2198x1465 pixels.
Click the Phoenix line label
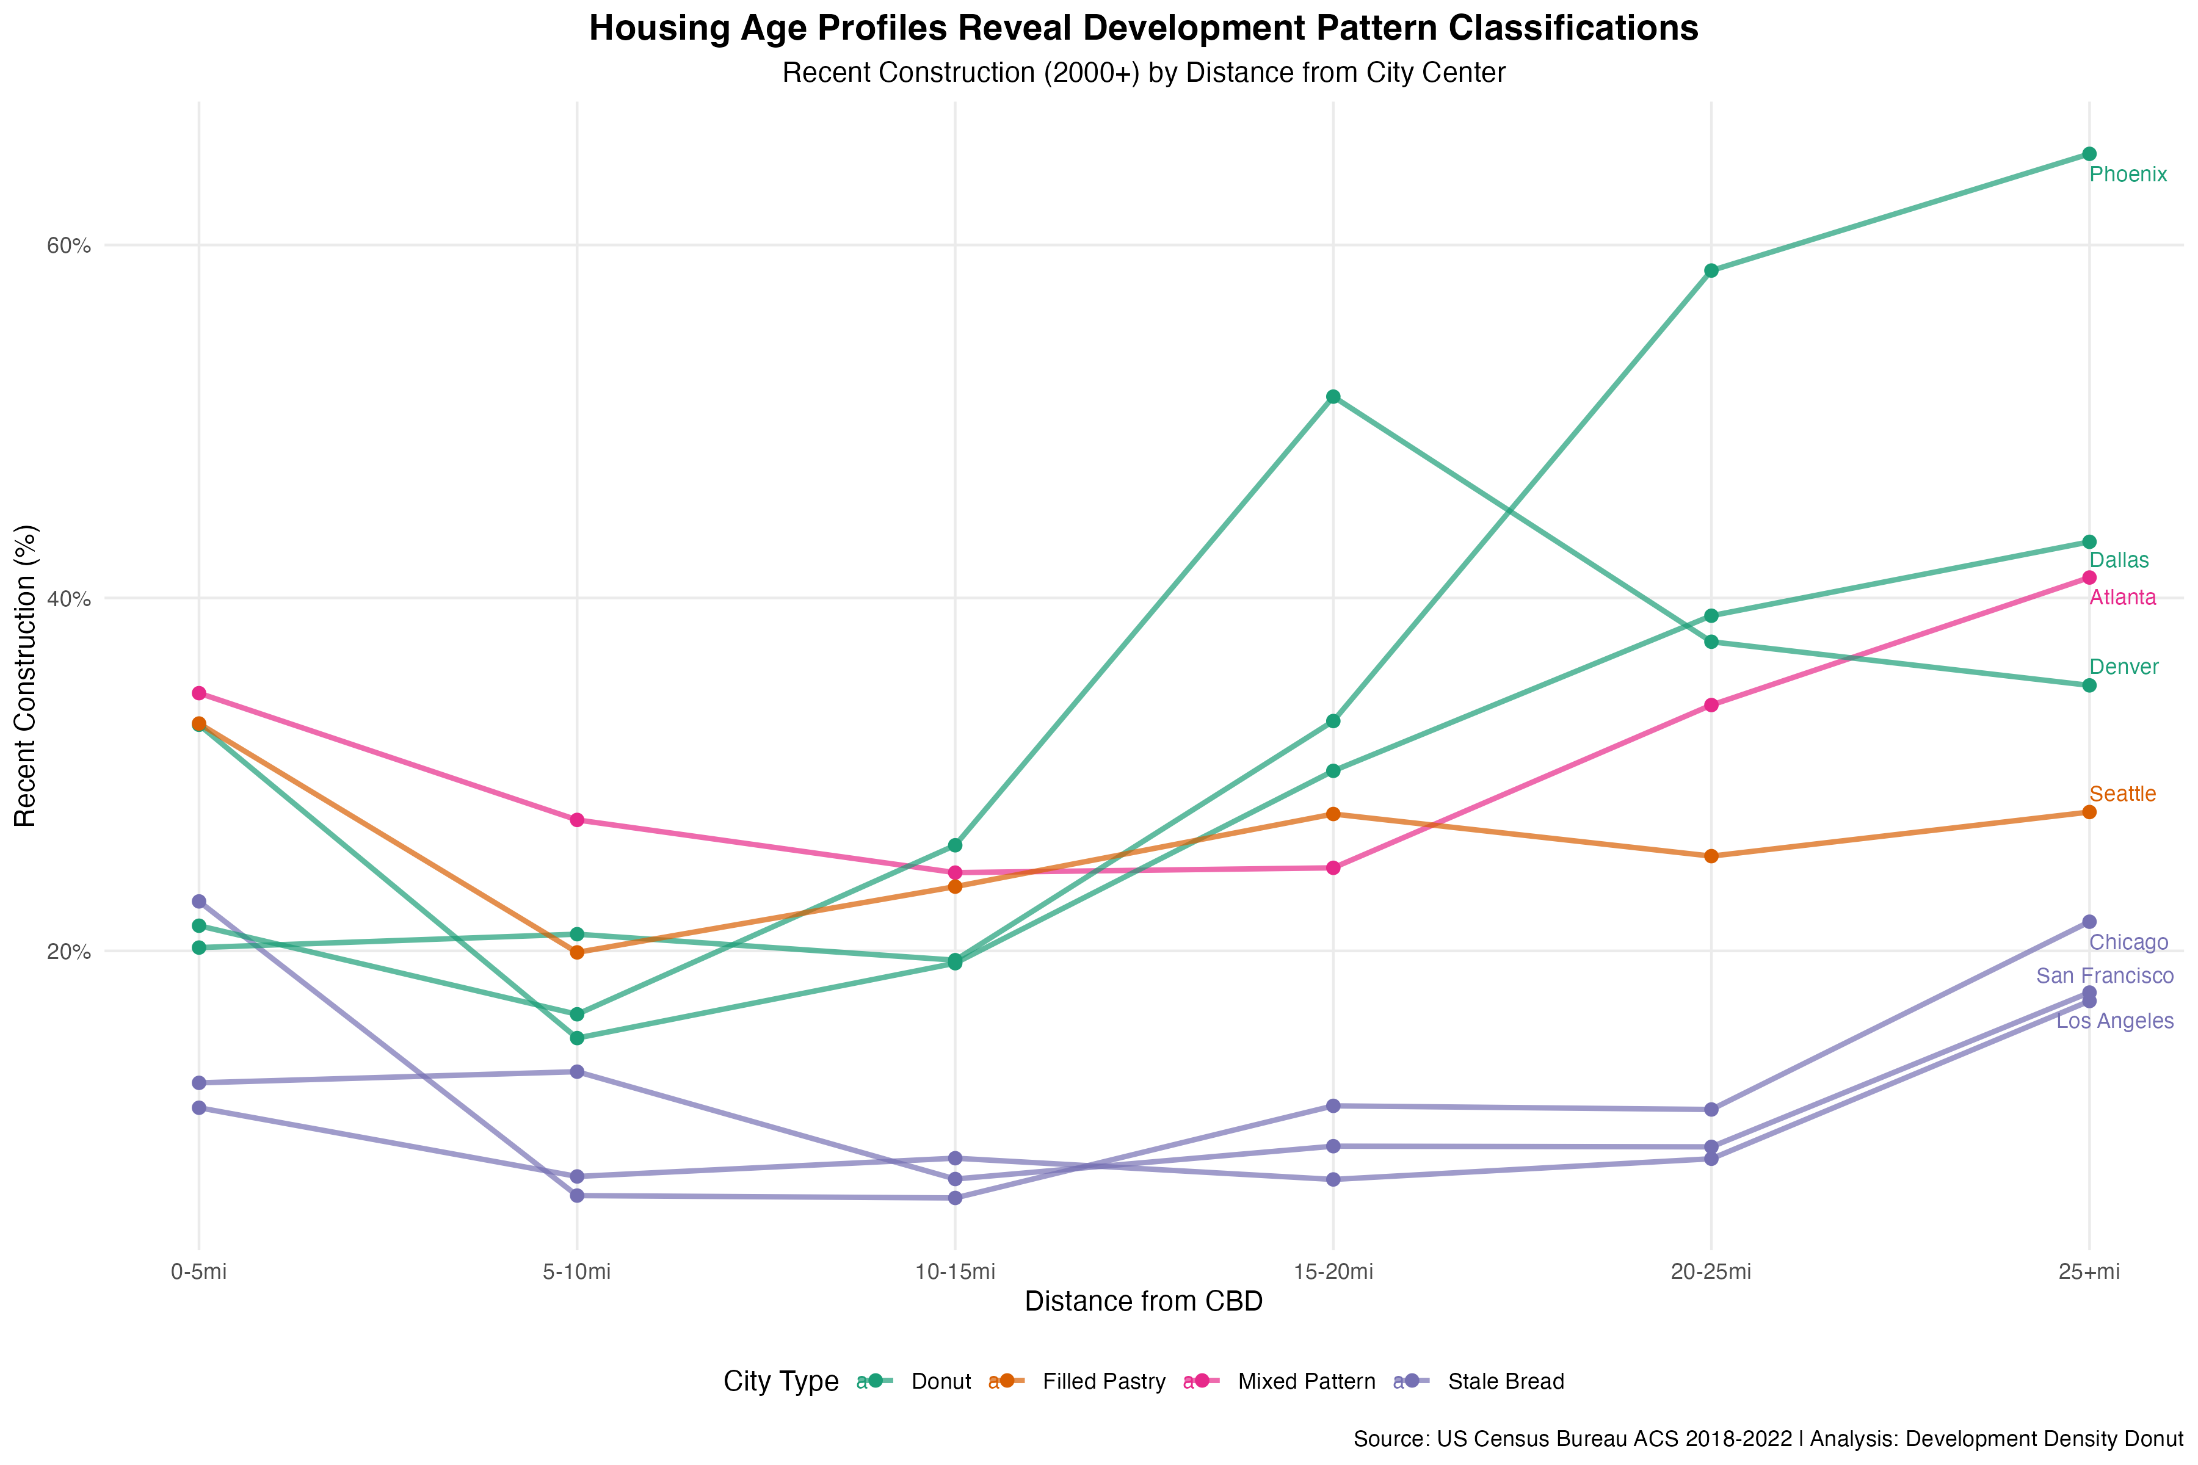click(x=2127, y=175)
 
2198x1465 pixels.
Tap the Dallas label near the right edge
click(x=2119, y=560)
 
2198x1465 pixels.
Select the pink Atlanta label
click(x=2122, y=598)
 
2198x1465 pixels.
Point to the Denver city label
click(x=2124, y=667)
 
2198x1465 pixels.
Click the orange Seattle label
click(x=2122, y=794)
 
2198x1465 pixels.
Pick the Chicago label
click(x=2128, y=942)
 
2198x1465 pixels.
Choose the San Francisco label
click(x=2105, y=976)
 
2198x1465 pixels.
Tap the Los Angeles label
click(x=2115, y=1021)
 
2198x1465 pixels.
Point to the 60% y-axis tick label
click(x=69, y=246)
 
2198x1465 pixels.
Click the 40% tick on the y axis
click(x=69, y=599)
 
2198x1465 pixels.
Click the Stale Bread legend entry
click(x=1504, y=1382)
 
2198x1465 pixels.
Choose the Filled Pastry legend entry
click(x=1103, y=1382)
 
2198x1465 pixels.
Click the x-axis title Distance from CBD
click(x=1143, y=1301)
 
